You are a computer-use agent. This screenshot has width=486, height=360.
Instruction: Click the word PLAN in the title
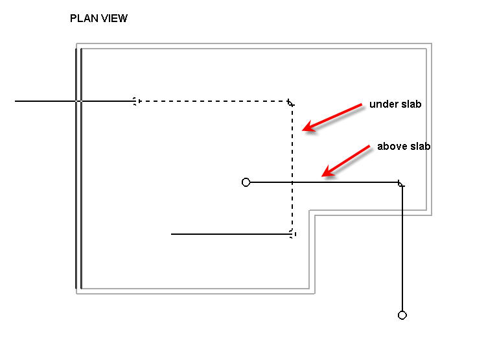click(82, 19)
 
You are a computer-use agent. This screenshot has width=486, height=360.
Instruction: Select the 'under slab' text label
click(395, 104)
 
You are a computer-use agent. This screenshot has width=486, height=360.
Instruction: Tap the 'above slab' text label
click(404, 147)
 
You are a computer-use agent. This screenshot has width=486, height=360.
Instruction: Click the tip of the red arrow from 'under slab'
click(303, 130)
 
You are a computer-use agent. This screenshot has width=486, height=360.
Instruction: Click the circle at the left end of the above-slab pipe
click(246, 182)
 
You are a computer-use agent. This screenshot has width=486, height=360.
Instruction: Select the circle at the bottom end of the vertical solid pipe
click(402, 315)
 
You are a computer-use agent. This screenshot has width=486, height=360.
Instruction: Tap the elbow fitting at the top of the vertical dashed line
click(291, 102)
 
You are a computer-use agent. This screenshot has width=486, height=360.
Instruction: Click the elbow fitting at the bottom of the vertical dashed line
click(292, 234)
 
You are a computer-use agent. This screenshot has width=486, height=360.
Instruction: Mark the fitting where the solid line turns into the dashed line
click(135, 101)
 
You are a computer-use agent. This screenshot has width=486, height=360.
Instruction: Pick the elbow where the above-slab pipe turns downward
click(401, 184)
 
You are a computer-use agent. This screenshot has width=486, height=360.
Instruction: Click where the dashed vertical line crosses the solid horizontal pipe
click(292, 182)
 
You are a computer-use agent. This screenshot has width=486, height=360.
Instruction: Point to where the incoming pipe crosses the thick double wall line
click(78, 101)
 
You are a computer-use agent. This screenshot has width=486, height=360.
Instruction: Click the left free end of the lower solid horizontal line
click(172, 234)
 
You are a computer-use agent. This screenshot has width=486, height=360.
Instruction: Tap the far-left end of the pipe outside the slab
click(16, 101)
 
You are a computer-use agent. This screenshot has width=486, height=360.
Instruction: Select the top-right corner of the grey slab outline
click(430, 44)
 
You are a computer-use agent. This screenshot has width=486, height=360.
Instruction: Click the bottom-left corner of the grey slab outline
click(77, 293)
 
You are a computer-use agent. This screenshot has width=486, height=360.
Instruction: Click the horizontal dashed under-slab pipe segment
click(214, 101)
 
